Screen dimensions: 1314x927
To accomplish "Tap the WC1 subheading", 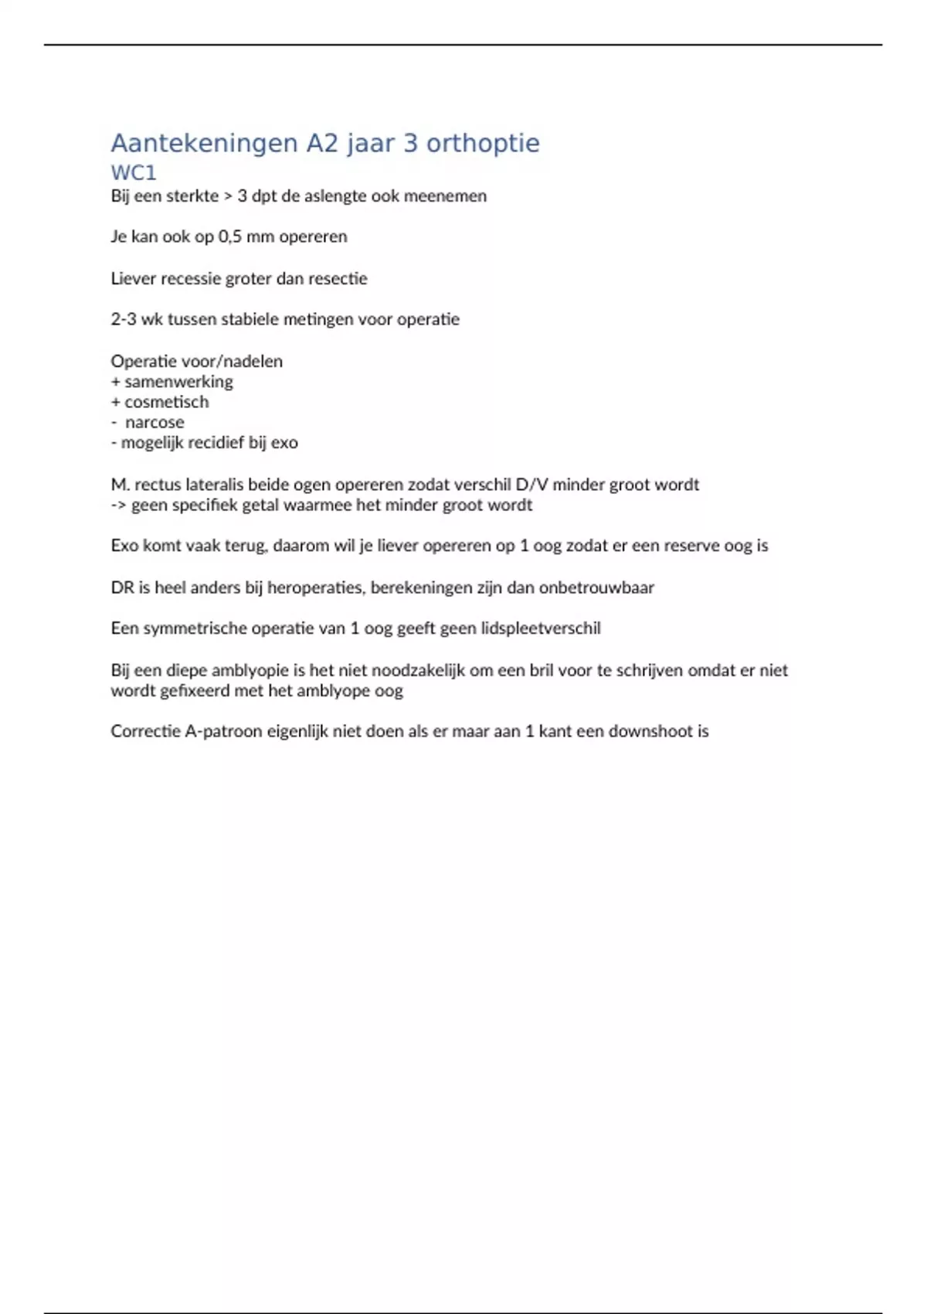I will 134,172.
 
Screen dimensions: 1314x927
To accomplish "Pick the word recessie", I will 191,278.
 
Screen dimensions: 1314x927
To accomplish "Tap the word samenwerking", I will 178,382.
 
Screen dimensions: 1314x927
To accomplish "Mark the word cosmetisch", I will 166,402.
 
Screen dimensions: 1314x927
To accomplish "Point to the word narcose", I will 154,422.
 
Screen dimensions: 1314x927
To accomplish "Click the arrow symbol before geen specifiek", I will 119,506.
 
